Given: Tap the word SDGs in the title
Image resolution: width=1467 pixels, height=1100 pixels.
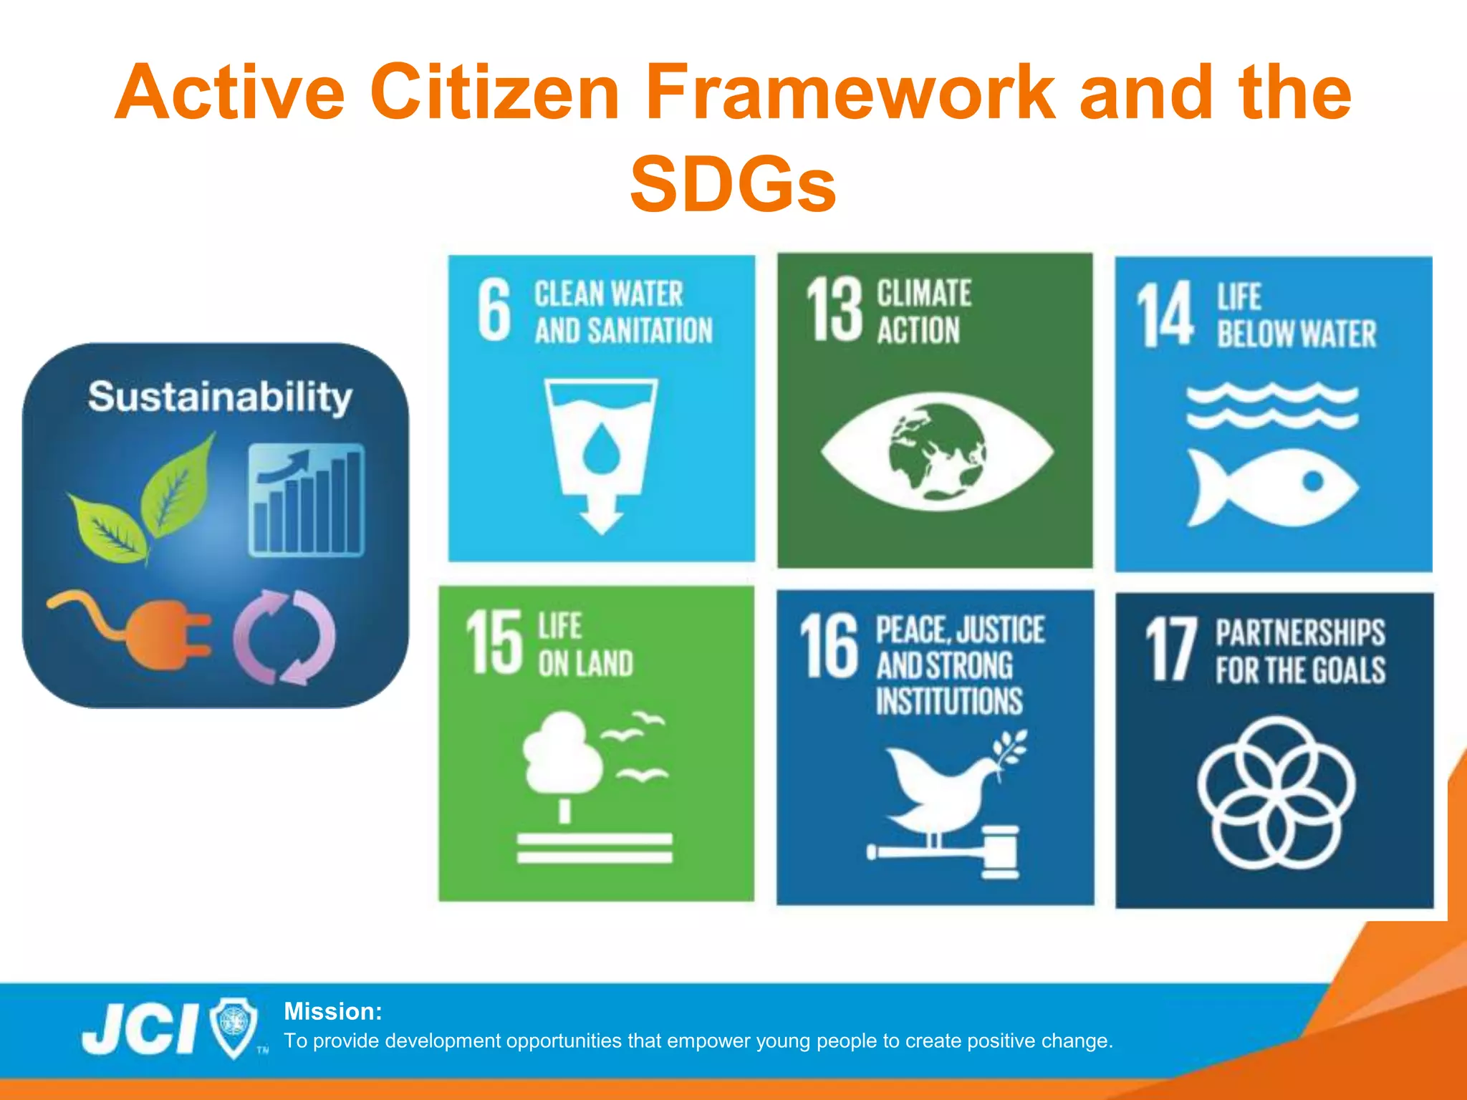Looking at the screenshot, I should pyautogui.click(x=733, y=185).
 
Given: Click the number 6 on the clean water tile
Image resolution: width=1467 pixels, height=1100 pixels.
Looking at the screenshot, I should pyautogui.click(x=494, y=309).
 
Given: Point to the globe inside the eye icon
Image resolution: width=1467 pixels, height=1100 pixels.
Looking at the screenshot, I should pyautogui.click(x=937, y=451).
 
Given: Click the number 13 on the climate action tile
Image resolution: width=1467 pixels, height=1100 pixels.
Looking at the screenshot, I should pyautogui.click(x=834, y=309).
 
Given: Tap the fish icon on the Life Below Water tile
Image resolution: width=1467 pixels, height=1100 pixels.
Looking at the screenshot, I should pyautogui.click(x=1272, y=487).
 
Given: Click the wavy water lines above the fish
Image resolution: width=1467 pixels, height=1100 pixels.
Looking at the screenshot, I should pyautogui.click(x=1272, y=405).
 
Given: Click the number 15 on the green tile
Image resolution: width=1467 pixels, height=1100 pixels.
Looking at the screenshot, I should pyautogui.click(x=494, y=642).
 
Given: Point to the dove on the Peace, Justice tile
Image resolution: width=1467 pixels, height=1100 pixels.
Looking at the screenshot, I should pyautogui.click(x=946, y=788).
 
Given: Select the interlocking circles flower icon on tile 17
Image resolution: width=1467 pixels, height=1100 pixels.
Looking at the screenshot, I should pyautogui.click(x=1276, y=791).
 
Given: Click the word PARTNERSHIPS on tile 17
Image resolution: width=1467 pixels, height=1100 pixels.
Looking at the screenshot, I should pyautogui.click(x=1300, y=633).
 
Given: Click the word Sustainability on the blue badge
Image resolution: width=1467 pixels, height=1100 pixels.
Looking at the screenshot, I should pyautogui.click(x=220, y=397).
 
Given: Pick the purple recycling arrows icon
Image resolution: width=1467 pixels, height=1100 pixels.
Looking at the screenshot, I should pyautogui.click(x=284, y=636).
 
